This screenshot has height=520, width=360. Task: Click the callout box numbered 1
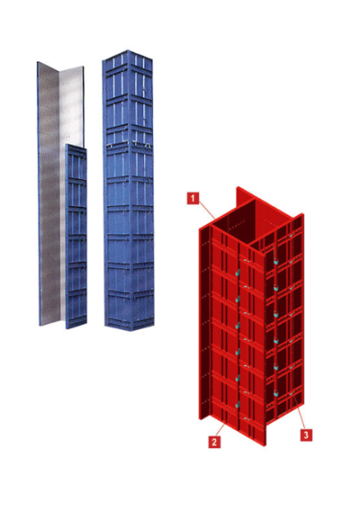[x=193, y=198]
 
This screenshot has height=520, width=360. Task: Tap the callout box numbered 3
[x=306, y=435]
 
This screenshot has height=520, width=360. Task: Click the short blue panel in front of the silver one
[x=76, y=234]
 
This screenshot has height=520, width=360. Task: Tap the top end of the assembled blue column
[x=128, y=56]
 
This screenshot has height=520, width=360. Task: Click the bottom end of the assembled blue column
[x=127, y=324]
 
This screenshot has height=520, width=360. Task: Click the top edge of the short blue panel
[x=76, y=146]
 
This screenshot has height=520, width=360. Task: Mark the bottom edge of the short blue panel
[x=76, y=327]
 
